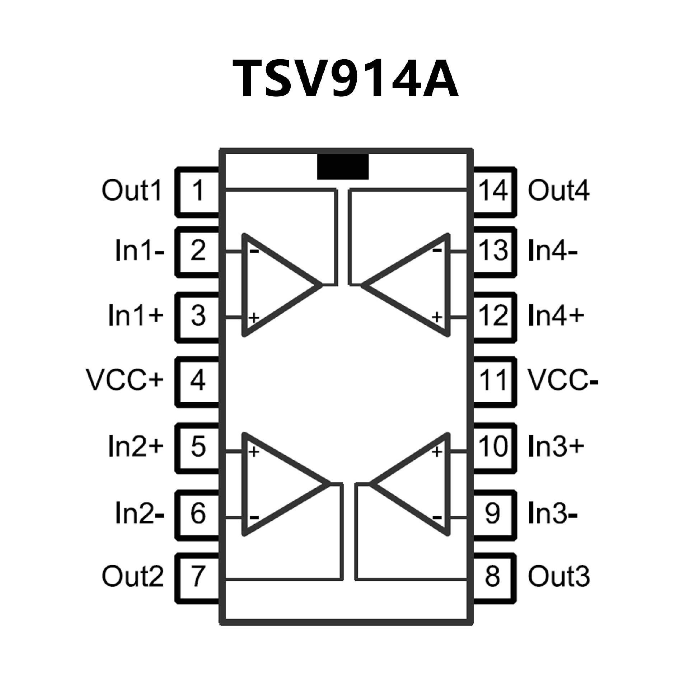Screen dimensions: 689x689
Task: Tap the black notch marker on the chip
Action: click(x=343, y=167)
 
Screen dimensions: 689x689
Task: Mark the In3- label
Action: click(x=553, y=514)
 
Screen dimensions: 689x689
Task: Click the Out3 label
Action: click(x=558, y=576)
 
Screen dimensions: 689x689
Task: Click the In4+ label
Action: click(x=556, y=315)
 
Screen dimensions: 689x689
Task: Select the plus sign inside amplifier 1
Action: click(x=254, y=317)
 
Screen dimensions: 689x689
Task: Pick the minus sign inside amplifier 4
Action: click(x=437, y=250)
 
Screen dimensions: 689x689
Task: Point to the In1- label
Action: click(x=140, y=250)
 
